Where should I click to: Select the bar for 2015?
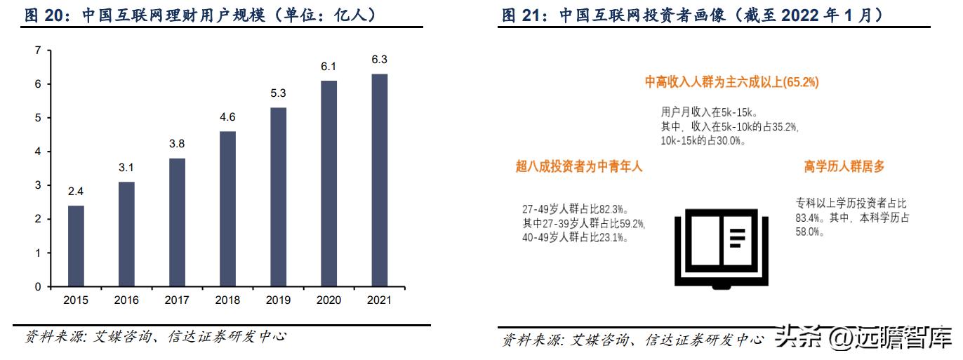tap(76, 246)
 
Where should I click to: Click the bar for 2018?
tap(227, 209)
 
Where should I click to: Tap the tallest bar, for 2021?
tap(378, 180)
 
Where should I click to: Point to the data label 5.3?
tap(277, 93)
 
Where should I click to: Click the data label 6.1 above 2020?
tap(328, 67)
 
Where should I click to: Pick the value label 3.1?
tap(126, 168)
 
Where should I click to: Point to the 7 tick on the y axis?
tap(38, 51)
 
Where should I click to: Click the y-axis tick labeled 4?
tap(38, 152)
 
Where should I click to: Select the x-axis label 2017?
tap(177, 300)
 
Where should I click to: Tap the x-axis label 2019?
tap(278, 300)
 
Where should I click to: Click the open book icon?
tap(715, 248)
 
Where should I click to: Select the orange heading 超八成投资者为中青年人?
tap(579, 167)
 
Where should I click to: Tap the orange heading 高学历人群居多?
tap(844, 167)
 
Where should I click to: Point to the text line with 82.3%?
tap(574, 209)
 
